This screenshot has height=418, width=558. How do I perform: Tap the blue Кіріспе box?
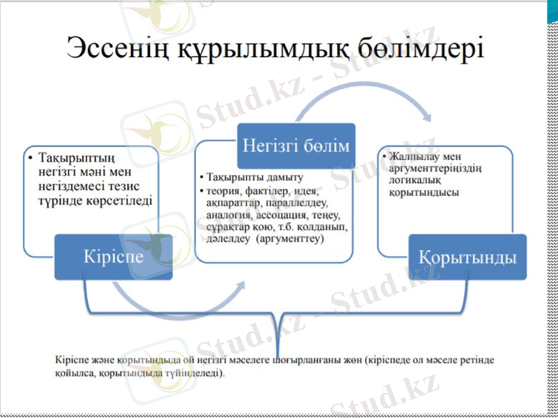(x=113, y=256)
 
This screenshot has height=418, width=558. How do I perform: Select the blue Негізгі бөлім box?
(x=296, y=145)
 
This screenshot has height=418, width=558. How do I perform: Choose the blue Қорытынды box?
(x=467, y=256)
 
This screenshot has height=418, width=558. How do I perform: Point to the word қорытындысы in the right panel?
(x=424, y=192)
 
